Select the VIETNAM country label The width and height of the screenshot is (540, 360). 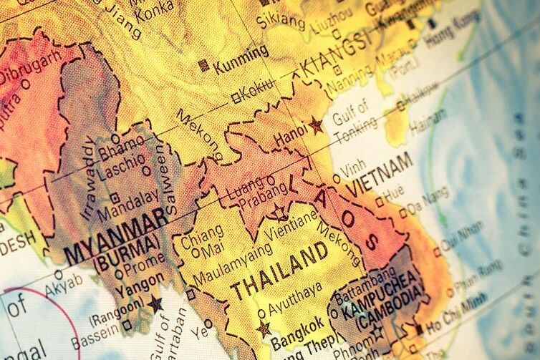(380, 175)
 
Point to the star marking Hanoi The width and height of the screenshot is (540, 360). (316, 126)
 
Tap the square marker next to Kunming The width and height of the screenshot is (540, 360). (204, 65)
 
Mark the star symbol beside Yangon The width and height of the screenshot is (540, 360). (155, 303)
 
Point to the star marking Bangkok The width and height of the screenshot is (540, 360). (264, 329)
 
